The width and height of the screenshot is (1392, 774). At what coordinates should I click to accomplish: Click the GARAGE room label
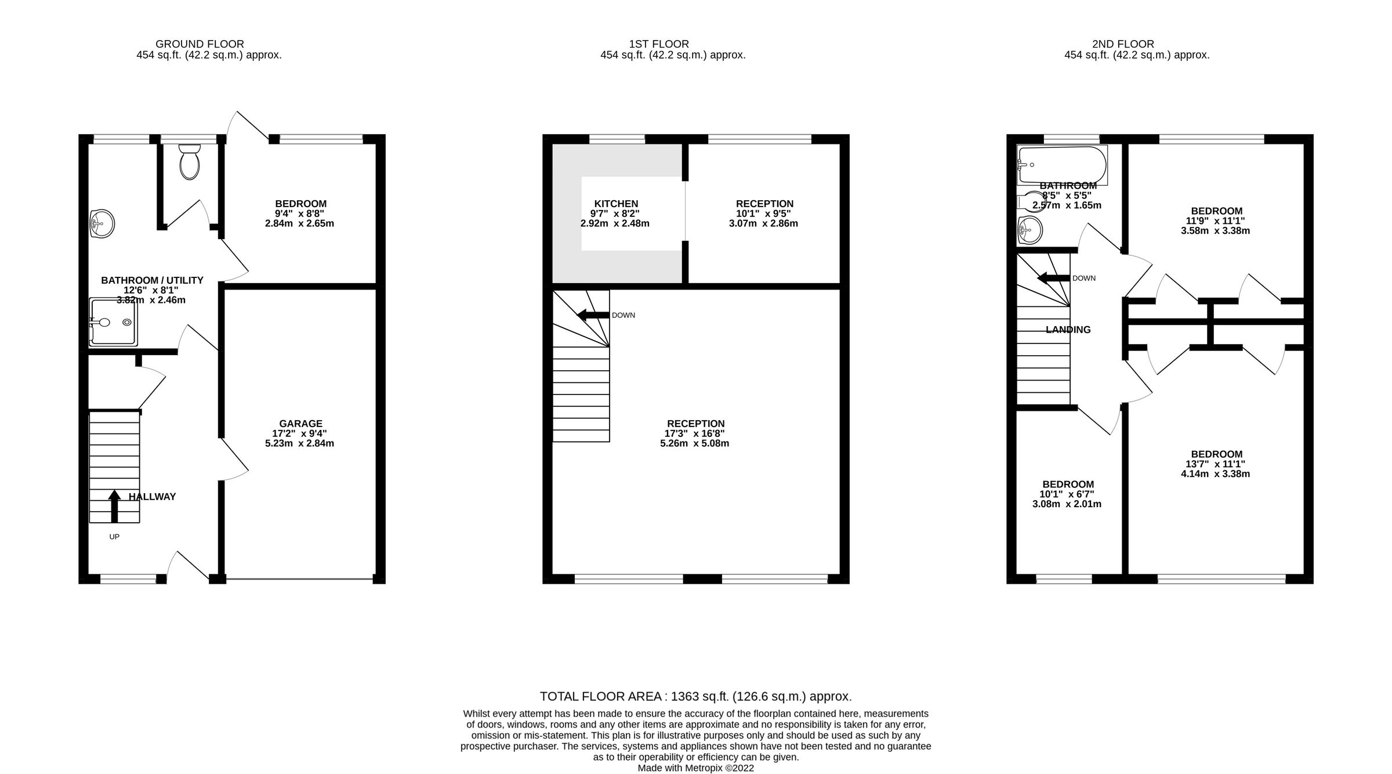click(300, 424)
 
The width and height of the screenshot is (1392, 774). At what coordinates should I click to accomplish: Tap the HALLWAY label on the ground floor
click(152, 497)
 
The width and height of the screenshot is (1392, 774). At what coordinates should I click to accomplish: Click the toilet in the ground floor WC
click(190, 163)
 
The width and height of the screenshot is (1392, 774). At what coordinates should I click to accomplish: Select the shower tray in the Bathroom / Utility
click(114, 323)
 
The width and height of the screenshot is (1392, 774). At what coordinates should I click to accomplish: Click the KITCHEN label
click(616, 204)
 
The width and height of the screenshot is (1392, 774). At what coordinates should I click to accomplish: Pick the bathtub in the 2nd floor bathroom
click(1062, 165)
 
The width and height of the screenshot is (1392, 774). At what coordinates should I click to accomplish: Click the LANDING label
click(1068, 330)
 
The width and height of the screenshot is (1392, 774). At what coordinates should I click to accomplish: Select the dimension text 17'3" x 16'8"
click(695, 433)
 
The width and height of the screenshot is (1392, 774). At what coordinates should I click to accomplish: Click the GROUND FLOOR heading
click(200, 44)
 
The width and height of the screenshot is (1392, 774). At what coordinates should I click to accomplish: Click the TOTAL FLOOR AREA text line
click(695, 696)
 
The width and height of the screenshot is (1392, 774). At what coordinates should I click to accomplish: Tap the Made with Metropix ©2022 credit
click(695, 768)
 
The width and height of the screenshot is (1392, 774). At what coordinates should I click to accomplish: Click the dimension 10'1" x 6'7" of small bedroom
click(1067, 494)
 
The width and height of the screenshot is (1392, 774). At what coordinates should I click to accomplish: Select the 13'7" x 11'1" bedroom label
click(1215, 464)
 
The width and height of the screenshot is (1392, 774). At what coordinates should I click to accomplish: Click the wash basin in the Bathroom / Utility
click(102, 223)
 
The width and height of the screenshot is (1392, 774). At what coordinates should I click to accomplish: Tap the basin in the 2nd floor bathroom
click(1030, 231)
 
